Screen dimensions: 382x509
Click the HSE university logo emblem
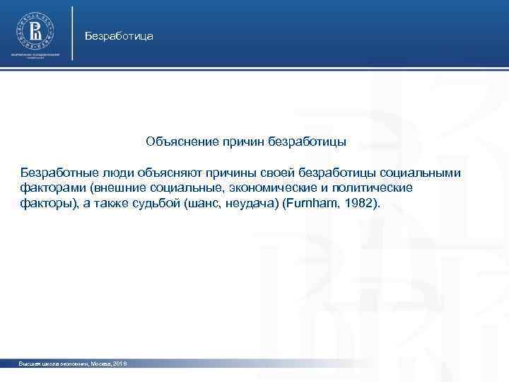[35, 30]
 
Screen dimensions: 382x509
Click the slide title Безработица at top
[118, 35]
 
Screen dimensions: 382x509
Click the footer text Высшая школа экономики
[51, 363]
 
